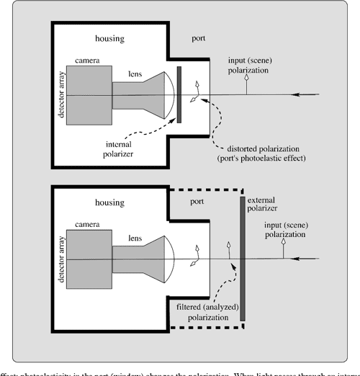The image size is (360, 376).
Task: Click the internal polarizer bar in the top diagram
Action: click(178, 94)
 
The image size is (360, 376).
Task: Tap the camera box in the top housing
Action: click(89, 95)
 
